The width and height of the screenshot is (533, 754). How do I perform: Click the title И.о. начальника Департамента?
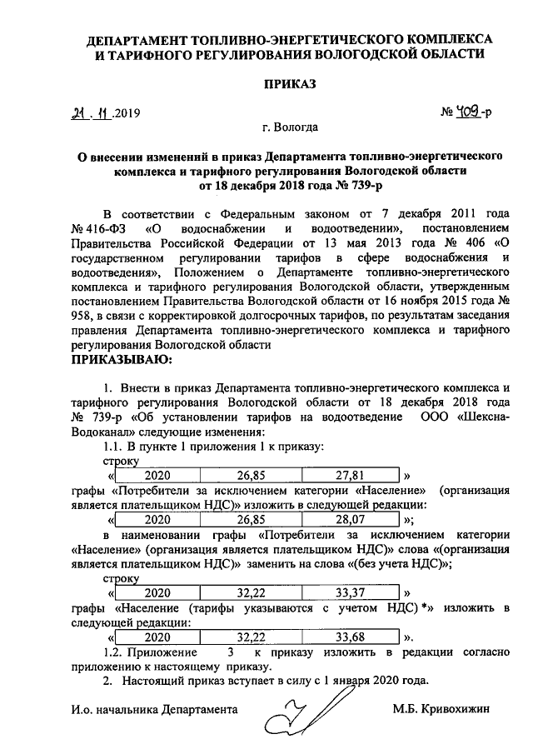154,709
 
